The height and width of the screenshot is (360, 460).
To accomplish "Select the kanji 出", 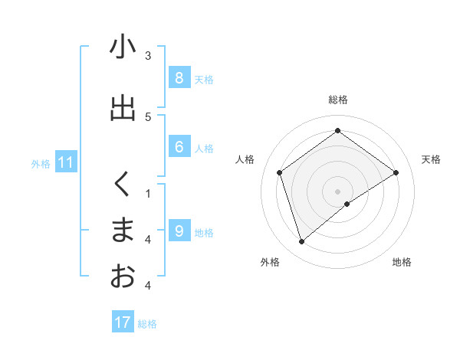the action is (123, 108).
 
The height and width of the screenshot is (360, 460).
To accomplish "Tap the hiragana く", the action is (123, 184).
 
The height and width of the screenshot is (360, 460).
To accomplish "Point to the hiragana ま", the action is (123, 231).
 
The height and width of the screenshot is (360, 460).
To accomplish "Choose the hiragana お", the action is (123, 276).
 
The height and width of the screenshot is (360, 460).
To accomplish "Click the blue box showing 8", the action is (179, 77).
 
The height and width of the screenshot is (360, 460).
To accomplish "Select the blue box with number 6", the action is (179, 147).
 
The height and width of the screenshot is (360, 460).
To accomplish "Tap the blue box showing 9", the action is (179, 231).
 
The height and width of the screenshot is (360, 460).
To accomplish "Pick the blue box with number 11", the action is (65, 162).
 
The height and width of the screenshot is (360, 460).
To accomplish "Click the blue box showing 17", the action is (123, 322).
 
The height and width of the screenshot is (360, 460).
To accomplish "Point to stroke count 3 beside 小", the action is (148, 55).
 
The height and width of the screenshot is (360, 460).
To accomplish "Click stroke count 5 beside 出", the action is (148, 116).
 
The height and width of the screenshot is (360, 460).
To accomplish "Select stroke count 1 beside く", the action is (148, 193).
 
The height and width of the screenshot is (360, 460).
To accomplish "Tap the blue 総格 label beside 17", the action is (147, 324).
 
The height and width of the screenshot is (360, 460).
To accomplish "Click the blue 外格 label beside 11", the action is (41, 163).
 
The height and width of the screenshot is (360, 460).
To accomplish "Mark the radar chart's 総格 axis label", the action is (338, 100).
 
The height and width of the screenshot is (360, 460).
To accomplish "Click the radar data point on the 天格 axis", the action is (396, 172).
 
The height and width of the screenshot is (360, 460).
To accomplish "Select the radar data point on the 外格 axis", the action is (302, 242).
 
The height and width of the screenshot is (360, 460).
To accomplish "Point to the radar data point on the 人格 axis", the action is (280, 172).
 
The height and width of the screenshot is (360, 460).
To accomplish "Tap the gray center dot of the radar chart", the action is (338, 191).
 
